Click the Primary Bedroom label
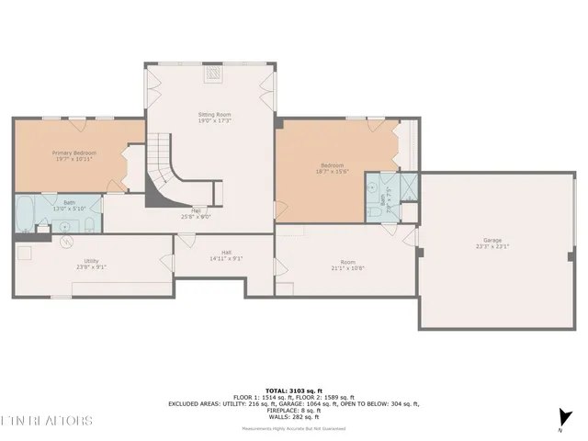(x=73, y=153)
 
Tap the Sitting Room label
(x=215, y=114)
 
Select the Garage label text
(x=492, y=241)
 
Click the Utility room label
(x=92, y=261)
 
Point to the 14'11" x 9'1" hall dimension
(x=225, y=260)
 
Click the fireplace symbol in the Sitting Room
(x=214, y=74)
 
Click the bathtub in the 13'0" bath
(x=25, y=212)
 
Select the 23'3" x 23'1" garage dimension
(x=492, y=247)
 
